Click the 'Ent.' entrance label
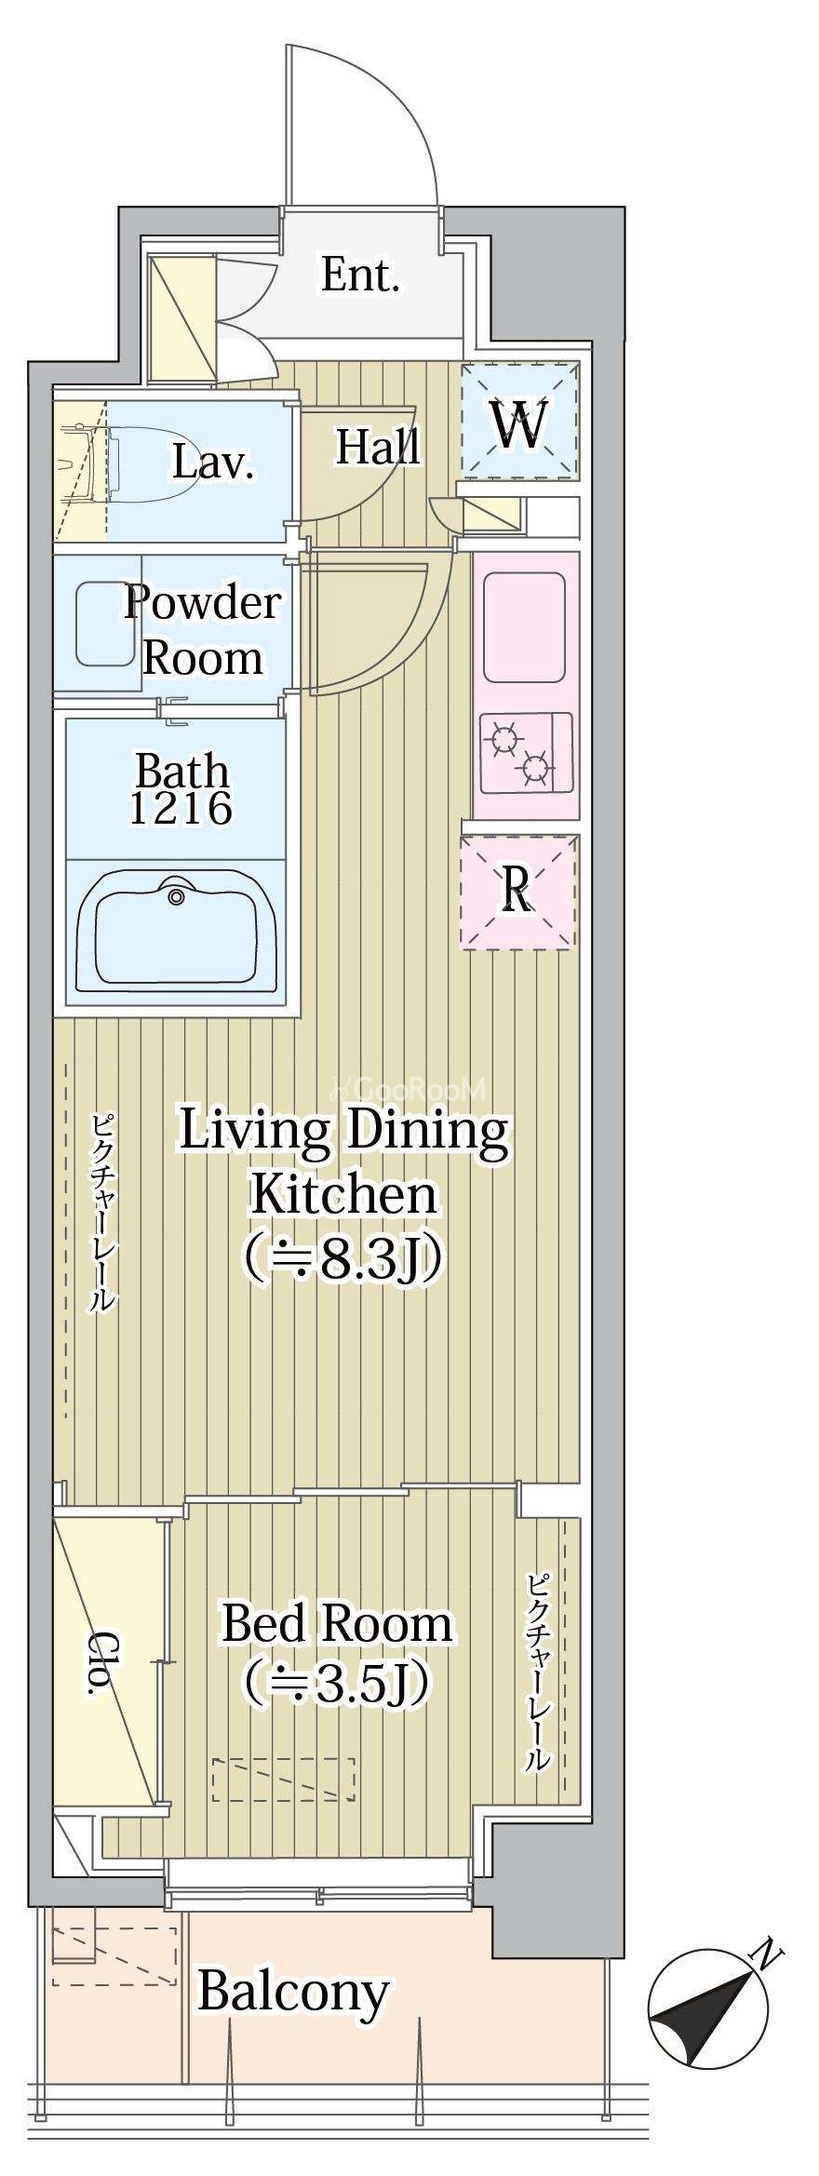(360, 275)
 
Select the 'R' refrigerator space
(517, 891)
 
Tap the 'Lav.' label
(214, 463)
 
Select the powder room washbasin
(105, 624)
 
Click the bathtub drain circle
(177, 897)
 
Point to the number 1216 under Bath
(181, 809)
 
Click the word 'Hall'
(378, 447)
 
